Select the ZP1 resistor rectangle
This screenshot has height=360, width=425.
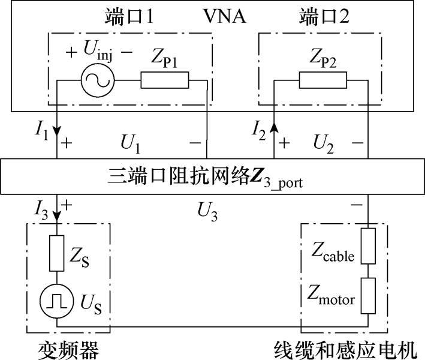tap(165, 80)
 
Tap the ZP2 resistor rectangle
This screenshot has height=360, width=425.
tap(323, 80)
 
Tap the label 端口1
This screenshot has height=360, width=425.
tap(134, 17)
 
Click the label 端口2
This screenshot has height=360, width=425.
tap(322, 17)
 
